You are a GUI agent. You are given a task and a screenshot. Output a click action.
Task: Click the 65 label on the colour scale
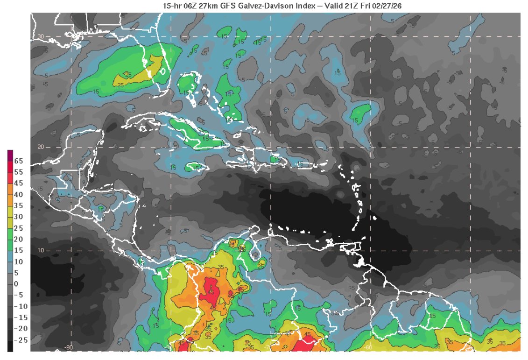click(x=18, y=161)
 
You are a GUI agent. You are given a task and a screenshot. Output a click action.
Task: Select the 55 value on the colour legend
click(x=18, y=172)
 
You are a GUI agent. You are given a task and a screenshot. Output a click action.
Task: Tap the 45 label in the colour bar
click(x=18, y=183)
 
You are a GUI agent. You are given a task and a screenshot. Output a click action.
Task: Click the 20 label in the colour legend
click(x=18, y=239)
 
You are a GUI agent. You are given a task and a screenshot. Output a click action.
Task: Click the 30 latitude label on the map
click(x=41, y=36)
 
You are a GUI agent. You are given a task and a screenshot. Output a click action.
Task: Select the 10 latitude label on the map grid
click(x=41, y=250)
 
